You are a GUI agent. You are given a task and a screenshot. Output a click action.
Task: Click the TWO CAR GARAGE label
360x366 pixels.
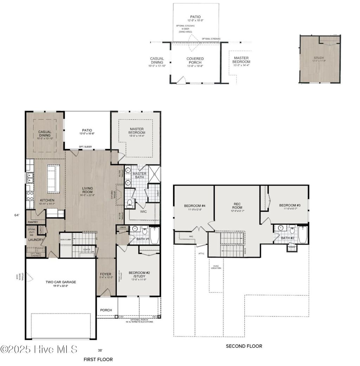(x=60, y=282)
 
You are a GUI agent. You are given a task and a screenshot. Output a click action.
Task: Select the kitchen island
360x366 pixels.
(x=53, y=179)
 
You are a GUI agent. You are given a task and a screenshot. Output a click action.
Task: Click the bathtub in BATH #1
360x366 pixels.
(x=154, y=235)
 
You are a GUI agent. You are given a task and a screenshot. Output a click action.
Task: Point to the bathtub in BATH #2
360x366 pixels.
(x=303, y=235)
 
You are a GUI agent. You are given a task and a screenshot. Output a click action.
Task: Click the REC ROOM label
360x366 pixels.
(x=237, y=205)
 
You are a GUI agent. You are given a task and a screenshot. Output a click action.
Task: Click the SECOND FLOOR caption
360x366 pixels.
(x=244, y=346)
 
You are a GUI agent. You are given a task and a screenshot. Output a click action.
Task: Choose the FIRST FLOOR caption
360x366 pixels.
(x=98, y=359)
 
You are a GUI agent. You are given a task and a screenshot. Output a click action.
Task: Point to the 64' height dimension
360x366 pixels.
(x=16, y=215)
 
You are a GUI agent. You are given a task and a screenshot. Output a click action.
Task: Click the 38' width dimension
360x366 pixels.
(x=101, y=350)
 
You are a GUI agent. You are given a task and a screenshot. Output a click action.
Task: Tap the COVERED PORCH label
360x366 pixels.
(x=195, y=61)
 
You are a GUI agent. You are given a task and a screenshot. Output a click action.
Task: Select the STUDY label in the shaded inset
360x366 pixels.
(x=319, y=58)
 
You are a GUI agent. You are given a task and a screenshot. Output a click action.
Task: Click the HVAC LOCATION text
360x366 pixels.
(x=216, y=267)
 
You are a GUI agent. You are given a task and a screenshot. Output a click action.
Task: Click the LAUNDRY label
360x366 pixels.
(x=36, y=240)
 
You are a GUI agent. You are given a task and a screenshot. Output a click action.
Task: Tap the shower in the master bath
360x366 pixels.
(x=154, y=174)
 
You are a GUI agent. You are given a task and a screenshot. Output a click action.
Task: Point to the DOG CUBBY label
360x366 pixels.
(x=66, y=239)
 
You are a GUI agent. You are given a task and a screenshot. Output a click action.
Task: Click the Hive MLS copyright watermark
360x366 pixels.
(x=39, y=349)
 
